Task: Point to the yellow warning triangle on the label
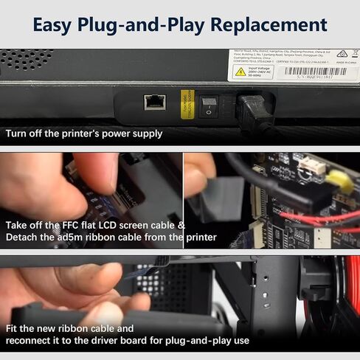pos(240,72)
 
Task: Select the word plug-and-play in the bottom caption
pos(184,341)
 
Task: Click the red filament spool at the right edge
pos(352,295)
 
